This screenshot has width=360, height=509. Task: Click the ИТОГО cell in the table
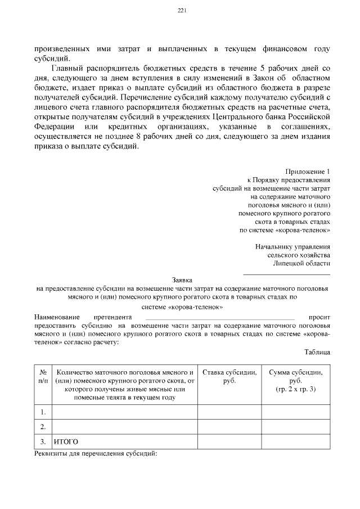coord(66,442)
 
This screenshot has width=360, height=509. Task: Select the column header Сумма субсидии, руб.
coord(295,381)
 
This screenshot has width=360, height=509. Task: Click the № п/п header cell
coord(43,376)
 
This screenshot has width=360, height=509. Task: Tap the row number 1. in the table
coord(43,413)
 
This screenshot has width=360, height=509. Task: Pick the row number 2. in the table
coord(43,427)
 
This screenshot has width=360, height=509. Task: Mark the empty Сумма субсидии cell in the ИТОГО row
coord(295,442)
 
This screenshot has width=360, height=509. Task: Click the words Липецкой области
coord(301,263)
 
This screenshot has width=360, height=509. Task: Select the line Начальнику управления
coord(292,246)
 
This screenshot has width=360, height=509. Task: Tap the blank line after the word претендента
coord(219,318)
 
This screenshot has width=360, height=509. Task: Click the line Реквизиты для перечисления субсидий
coord(95,453)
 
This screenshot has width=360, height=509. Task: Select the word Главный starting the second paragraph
coord(67,67)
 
